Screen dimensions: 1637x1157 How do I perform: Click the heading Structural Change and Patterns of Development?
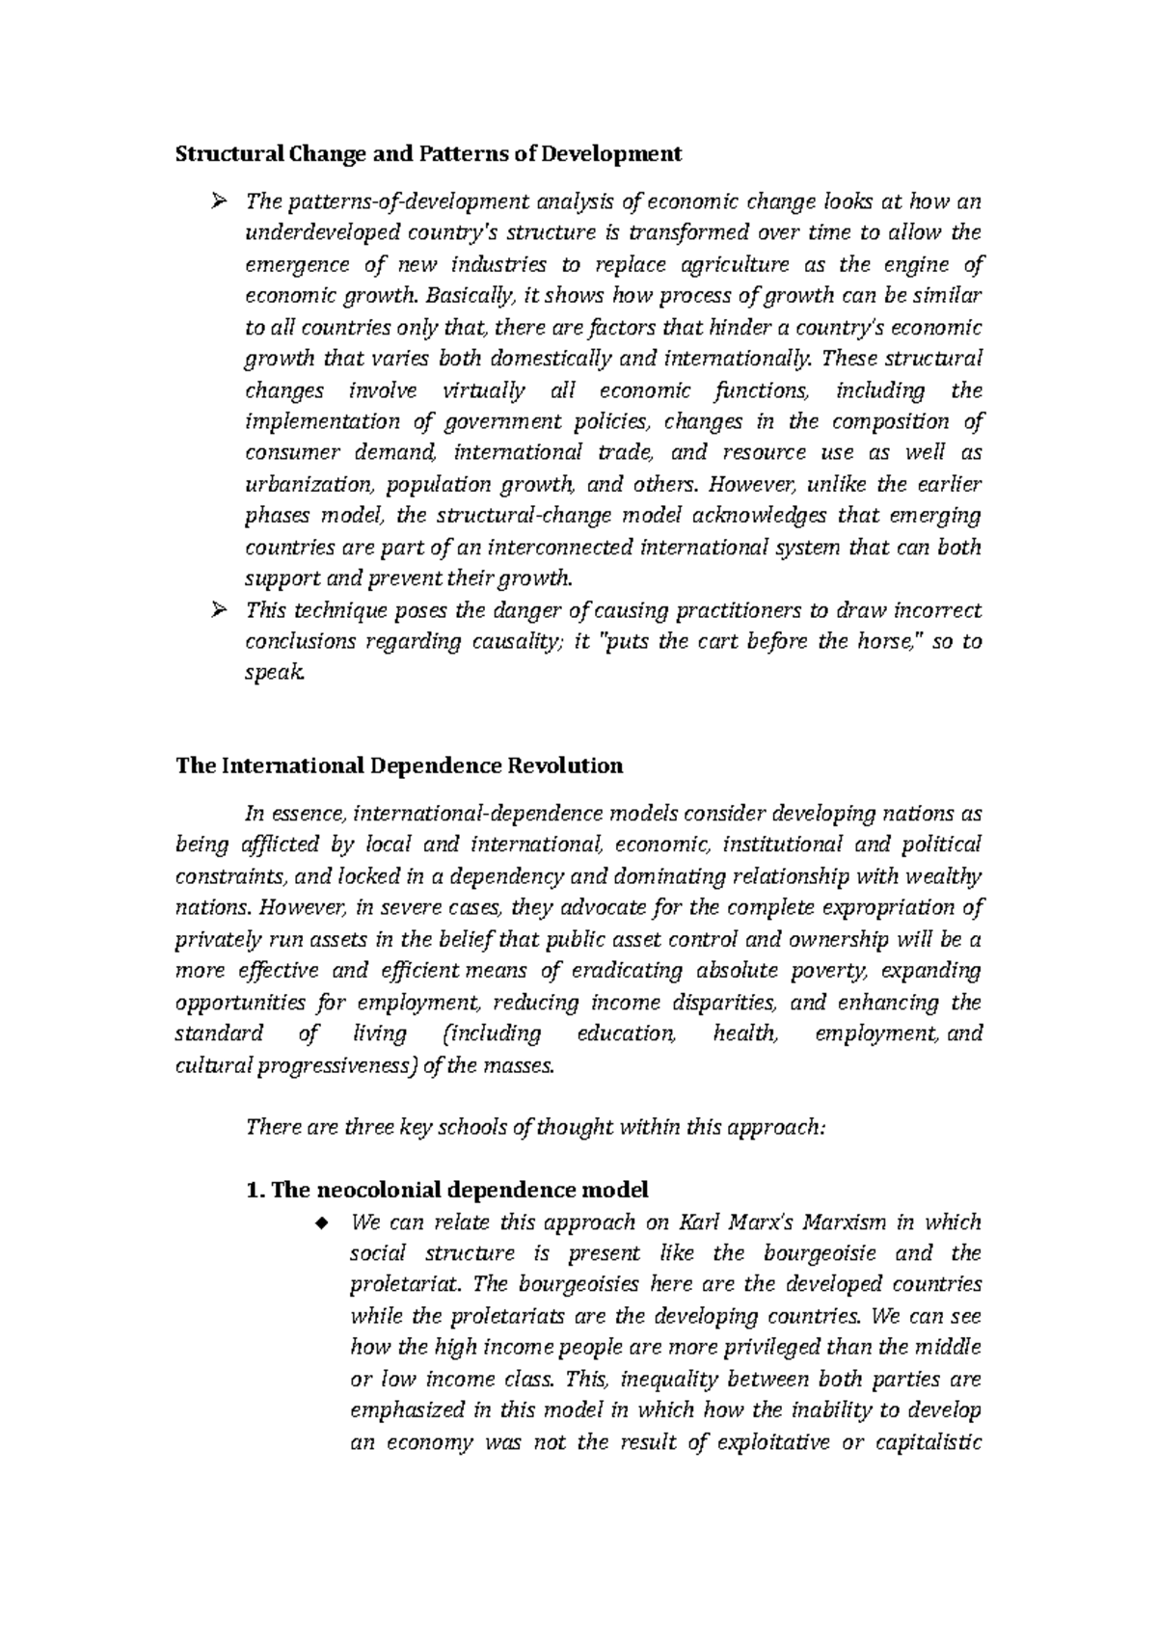pyautogui.click(x=427, y=154)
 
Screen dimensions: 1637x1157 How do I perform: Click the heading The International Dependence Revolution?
pyautogui.click(x=398, y=766)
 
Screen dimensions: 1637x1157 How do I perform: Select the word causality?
pyautogui.click(x=516, y=642)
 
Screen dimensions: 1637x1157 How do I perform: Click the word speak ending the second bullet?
pyautogui.click(x=274, y=674)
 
